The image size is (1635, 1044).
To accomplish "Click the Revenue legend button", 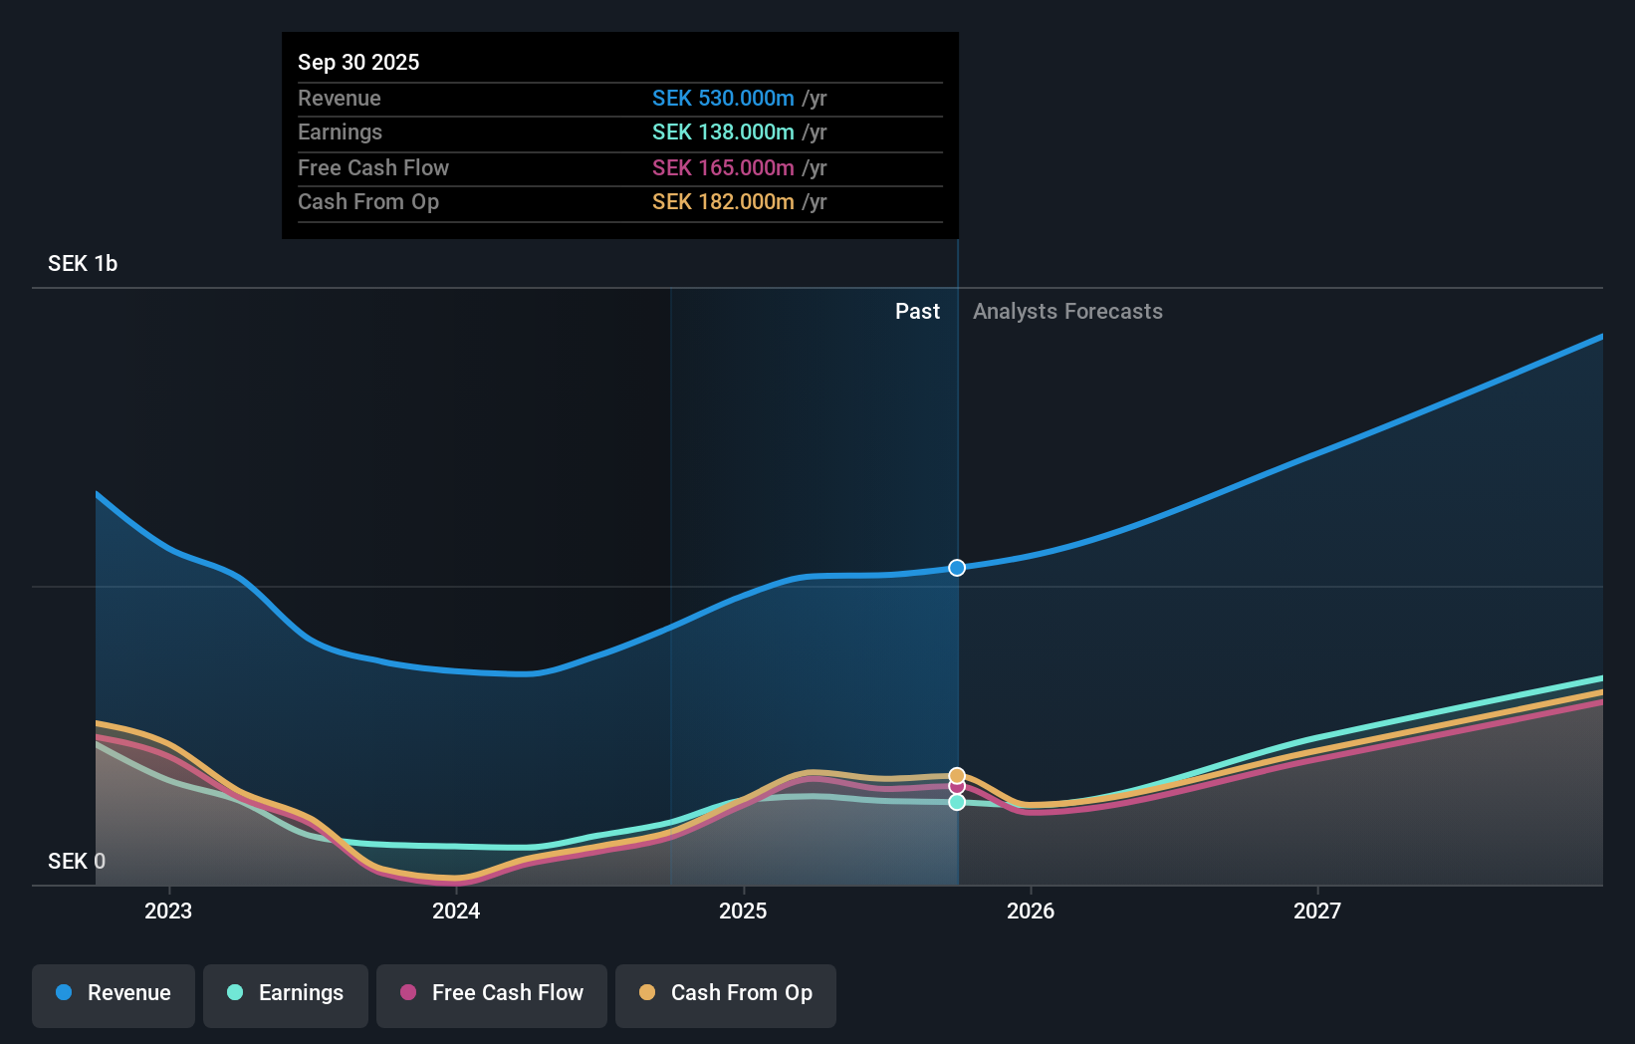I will click(114, 993).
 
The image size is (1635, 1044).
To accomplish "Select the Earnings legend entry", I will click(286, 993).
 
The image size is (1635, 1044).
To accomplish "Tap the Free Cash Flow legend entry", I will click(492, 993).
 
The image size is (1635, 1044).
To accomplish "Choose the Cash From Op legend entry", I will click(726, 993).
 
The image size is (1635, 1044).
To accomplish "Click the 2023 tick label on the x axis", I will click(168, 911).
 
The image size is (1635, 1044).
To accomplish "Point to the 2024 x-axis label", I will click(456, 911).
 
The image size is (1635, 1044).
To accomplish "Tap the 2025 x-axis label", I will click(743, 911).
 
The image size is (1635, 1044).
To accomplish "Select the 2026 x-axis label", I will click(1031, 911).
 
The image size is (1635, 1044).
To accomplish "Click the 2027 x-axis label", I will click(1317, 911).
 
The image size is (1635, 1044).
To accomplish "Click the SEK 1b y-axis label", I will click(83, 264).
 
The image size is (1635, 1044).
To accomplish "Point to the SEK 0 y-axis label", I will click(77, 862).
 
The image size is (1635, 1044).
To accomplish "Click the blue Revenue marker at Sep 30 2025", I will click(957, 568).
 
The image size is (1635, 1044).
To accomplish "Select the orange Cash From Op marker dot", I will click(957, 775).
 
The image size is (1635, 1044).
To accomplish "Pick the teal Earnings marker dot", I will click(957, 802).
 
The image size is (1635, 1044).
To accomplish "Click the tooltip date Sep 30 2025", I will click(358, 62).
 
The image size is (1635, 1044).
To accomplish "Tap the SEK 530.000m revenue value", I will click(723, 99).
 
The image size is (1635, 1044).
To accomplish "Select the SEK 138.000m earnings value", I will click(723, 132).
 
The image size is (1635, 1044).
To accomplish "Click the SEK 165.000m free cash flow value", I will click(723, 168).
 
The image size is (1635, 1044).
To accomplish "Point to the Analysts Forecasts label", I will click(1067, 312).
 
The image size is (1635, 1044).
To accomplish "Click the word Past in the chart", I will click(917, 312).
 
